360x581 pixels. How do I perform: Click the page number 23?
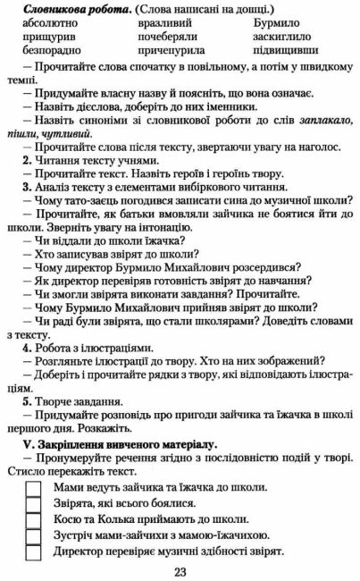tap(180, 571)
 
